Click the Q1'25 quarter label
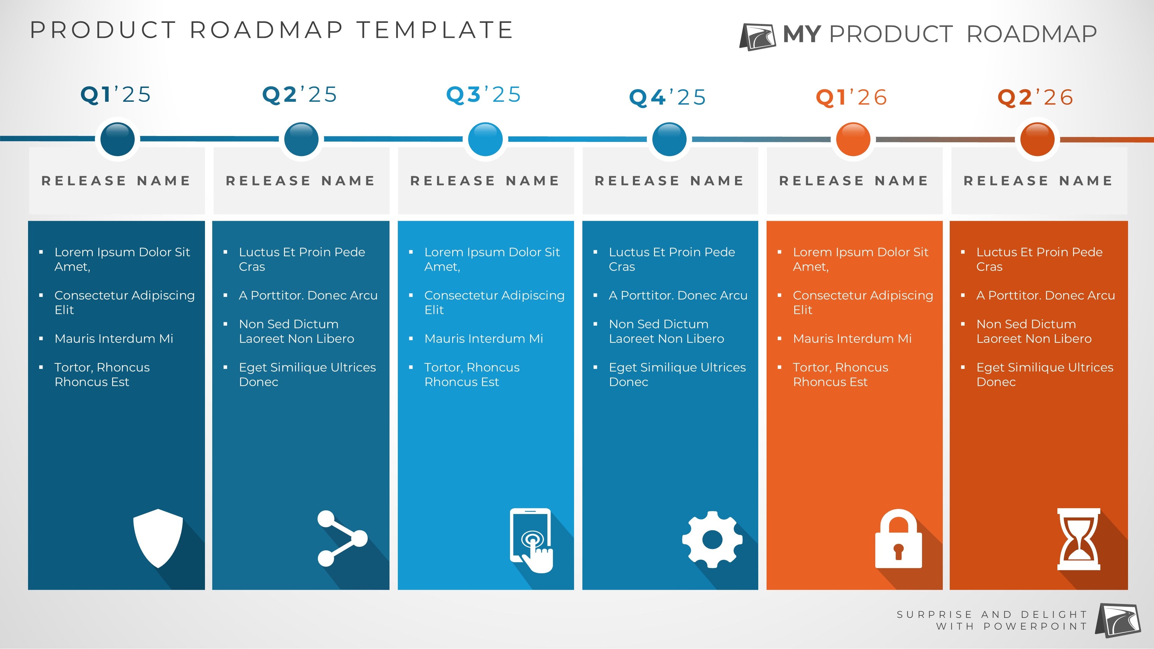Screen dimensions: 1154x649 pyautogui.click(x=116, y=94)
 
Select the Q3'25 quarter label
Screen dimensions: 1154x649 pyautogui.click(x=484, y=94)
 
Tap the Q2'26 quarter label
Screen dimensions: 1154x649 pyautogui.click(x=1035, y=97)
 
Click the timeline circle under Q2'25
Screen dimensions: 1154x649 pyautogui.click(x=302, y=139)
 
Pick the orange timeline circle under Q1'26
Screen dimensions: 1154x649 pyautogui.click(x=853, y=139)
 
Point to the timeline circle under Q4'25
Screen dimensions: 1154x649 pyautogui.click(x=669, y=139)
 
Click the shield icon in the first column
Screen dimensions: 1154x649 pyautogui.click(x=158, y=538)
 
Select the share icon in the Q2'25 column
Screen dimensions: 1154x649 pyautogui.click(x=342, y=538)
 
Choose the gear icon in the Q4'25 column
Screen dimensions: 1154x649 pyautogui.click(x=712, y=539)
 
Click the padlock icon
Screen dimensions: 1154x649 pyautogui.click(x=898, y=538)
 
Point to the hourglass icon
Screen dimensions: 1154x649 pyautogui.click(x=1079, y=539)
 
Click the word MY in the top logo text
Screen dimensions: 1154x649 pyautogui.click(x=802, y=34)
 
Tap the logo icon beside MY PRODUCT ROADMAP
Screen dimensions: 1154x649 pyautogui.click(x=758, y=37)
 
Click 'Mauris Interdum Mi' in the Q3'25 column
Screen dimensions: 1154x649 pyautogui.click(x=483, y=339)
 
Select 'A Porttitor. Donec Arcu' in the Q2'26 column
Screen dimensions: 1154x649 pyautogui.click(x=1046, y=296)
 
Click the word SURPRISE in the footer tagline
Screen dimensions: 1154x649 pyautogui.click(x=934, y=614)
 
